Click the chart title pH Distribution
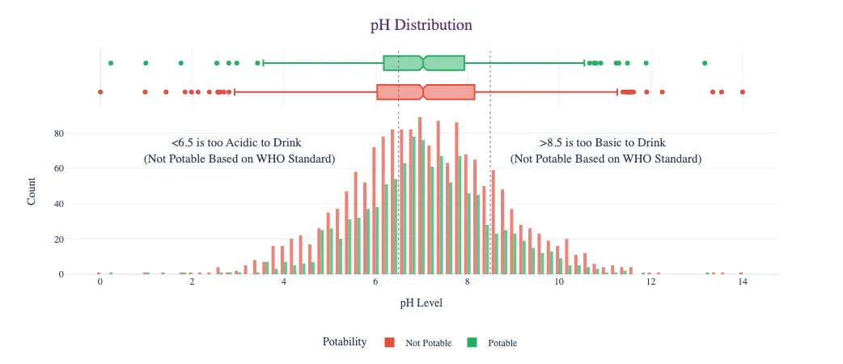[x=421, y=25]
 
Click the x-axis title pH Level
[x=421, y=303]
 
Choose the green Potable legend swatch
[x=472, y=343]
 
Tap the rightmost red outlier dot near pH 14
[x=742, y=92]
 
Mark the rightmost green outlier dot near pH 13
[x=705, y=63]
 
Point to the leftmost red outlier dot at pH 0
[x=100, y=92]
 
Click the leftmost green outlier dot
[x=111, y=63]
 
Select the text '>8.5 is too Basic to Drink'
[x=606, y=142]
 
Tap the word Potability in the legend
[x=344, y=342]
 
